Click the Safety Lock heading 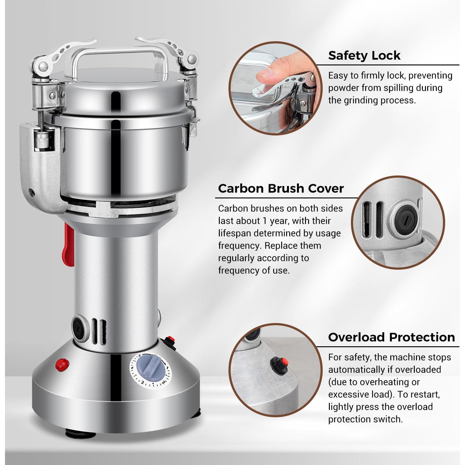tap(364, 55)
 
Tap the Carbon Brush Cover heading tap(281, 188)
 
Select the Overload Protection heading tap(392, 337)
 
